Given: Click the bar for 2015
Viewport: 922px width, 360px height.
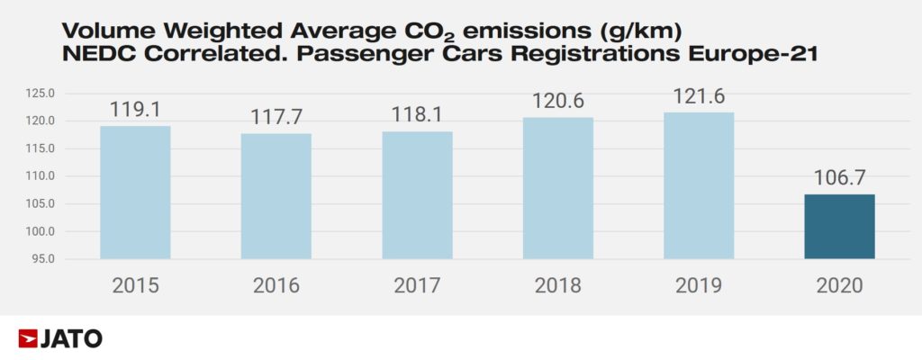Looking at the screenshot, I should click(x=135, y=193).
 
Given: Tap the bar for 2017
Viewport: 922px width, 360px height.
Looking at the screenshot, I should click(x=417, y=195).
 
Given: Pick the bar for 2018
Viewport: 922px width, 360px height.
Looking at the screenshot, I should click(x=558, y=188).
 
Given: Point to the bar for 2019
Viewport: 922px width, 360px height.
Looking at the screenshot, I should click(x=699, y=185).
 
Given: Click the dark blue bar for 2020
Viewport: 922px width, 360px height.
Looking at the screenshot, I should click(x=839, y=227).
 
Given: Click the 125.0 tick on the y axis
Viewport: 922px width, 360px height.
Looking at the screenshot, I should click(x=42, y=94).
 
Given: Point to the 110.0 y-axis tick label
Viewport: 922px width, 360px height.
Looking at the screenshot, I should click(x=42, y=176).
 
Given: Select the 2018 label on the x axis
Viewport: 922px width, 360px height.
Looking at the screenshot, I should click(x=558, y=286).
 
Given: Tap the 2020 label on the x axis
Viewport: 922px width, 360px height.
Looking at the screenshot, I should click(x=839, y=286).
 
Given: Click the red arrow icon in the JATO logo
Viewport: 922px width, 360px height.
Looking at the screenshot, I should click(x=27, y=339).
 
